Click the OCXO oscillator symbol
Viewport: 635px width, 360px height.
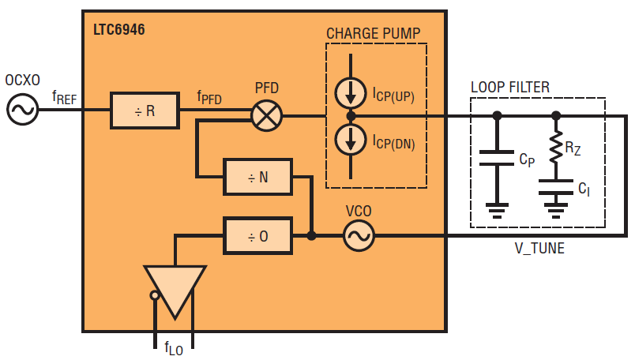[22, 109]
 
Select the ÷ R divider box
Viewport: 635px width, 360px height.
[145, 111]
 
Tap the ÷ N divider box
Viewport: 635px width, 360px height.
[258, 177]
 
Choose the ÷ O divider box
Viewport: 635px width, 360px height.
[258, 236]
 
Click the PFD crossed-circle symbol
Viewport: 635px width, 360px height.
[267, 116]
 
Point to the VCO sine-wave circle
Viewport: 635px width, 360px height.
[359, 236]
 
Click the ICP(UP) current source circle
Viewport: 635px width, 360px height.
[351, 93]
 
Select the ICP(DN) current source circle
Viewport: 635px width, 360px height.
[351, 139]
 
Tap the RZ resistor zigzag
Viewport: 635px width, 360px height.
[557, 147]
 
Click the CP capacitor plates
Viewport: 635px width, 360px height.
[497, 158]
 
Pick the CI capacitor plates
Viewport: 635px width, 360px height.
[556, 187]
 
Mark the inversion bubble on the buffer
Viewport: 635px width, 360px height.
[154, 295]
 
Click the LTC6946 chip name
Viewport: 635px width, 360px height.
[119, 29]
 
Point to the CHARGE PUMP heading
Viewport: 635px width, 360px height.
[374, 33]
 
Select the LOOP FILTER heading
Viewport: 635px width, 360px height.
[510, 87]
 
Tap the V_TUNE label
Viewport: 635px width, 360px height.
[539, 248]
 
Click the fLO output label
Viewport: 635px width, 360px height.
[173, 348]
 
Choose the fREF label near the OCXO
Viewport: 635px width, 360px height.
[65, 98]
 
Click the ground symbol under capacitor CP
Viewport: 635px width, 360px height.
[497, 211]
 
